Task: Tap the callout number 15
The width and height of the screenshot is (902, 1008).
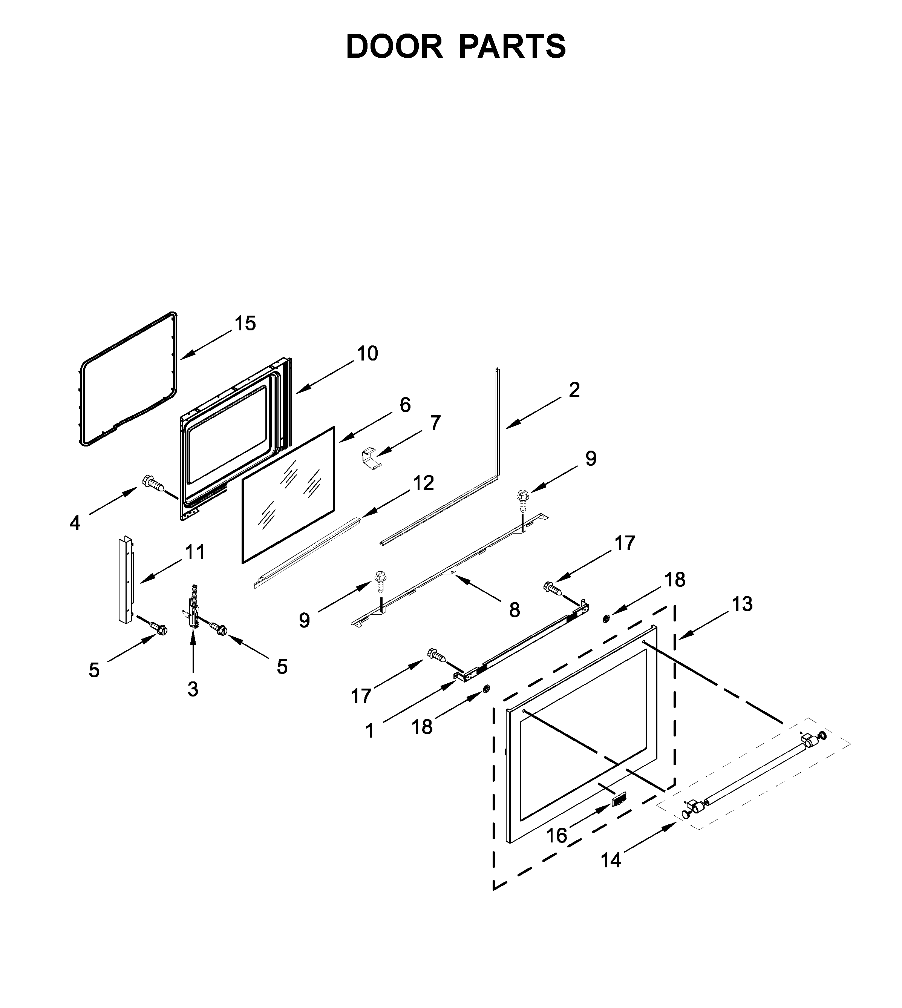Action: [x=245, y=323]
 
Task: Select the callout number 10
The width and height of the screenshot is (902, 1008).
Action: [x=367, y=353]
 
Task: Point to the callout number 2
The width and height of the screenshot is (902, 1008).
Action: [x=574, y=390]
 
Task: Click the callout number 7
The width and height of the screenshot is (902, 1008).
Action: [x=435, y=423]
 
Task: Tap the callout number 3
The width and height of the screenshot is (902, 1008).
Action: [x=193, y=689]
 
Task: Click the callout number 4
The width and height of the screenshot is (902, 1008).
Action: [x=75, y=523]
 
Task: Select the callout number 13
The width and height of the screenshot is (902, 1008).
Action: [x=742, y=604]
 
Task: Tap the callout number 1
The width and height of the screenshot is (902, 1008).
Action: [x=370, y=730]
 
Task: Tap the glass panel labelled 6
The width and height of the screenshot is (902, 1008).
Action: [x=288, y=496]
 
